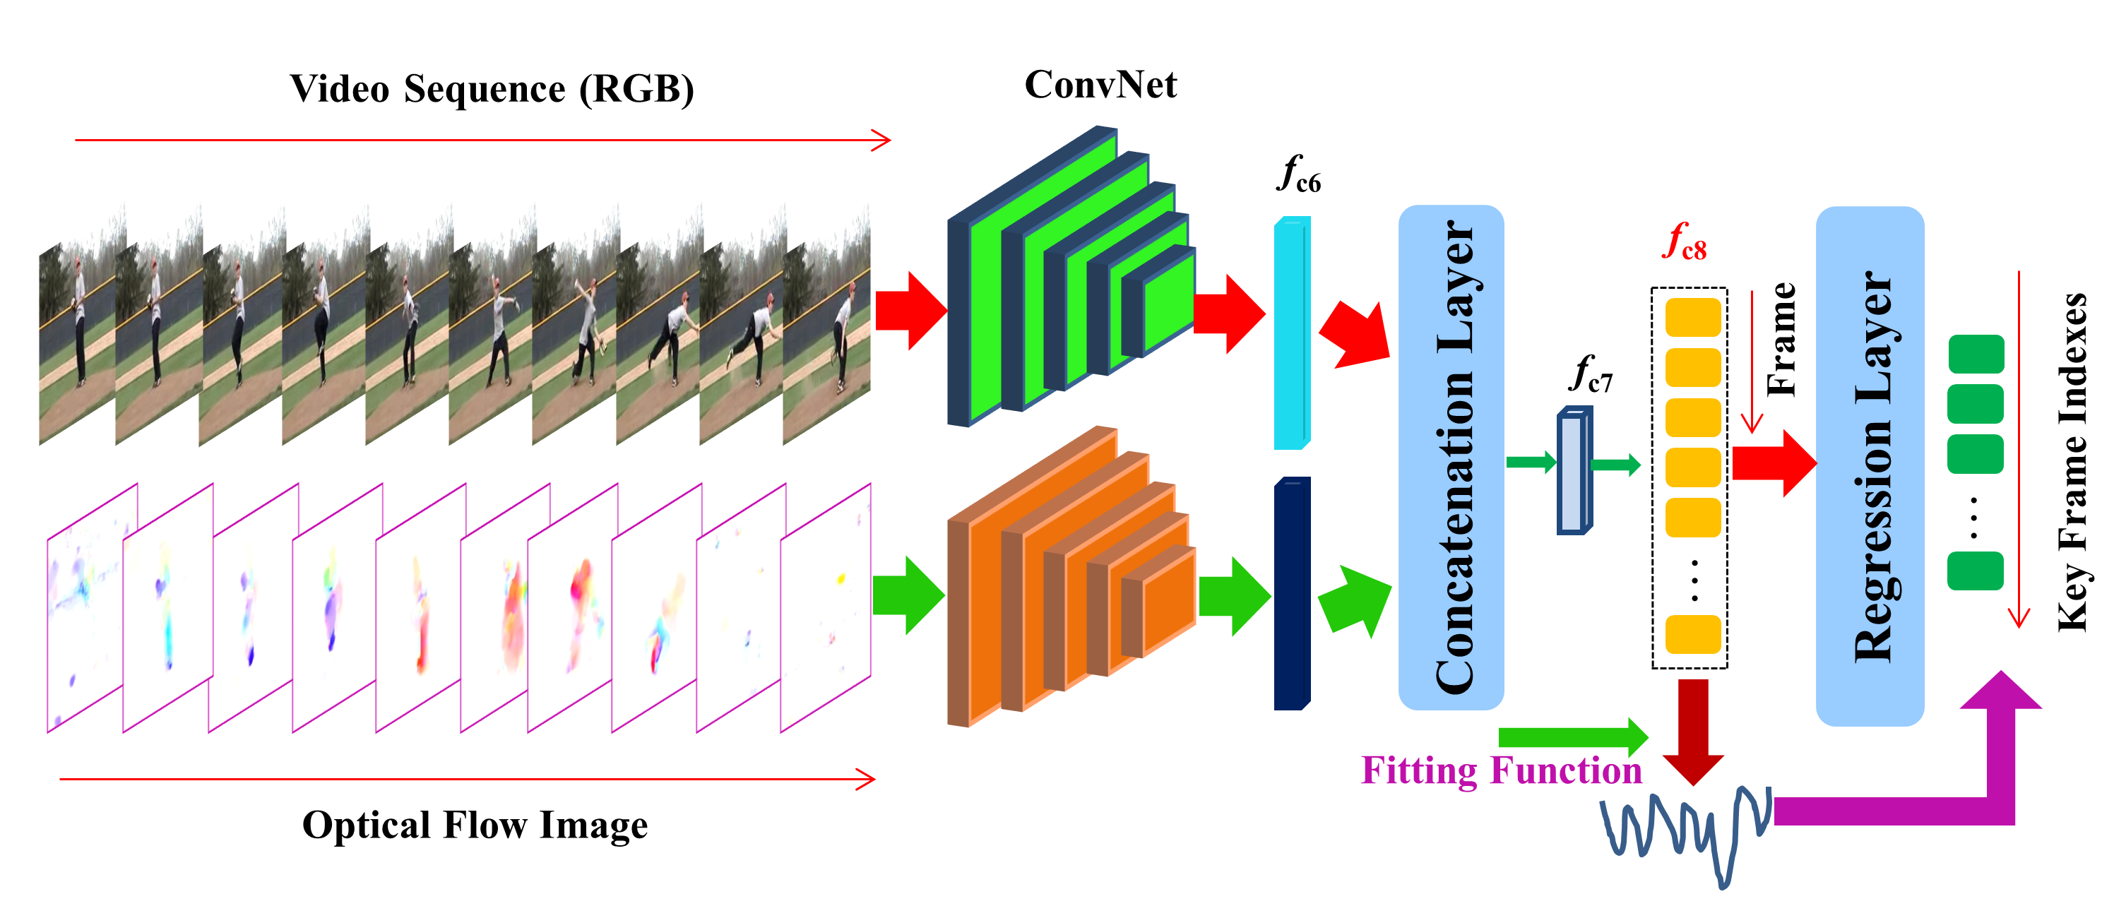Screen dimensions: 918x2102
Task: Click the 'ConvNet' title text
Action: tap(1100, 85)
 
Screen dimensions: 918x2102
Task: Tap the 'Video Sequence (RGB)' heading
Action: tap(492, 89)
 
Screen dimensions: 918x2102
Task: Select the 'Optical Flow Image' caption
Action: tap(475, 825)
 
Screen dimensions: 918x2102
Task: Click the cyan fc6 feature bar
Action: tap(1292, 333)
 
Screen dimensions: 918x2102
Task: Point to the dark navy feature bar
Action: tap(1292, 594)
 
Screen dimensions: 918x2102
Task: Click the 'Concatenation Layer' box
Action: tap(1451, 457)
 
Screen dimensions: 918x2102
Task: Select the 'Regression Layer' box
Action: tap(1870, 465)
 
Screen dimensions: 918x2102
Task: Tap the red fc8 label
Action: tap(1684, 243)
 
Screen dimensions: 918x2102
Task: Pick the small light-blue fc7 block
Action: tap(1574, 472)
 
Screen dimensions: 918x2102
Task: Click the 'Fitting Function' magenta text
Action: tap(1502, 770)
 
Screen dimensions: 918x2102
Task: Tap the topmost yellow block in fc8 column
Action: tap(1693, 316)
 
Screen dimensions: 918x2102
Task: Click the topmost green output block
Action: tap(1976, 353)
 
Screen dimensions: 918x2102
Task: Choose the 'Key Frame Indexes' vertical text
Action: tap(2071, 461)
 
